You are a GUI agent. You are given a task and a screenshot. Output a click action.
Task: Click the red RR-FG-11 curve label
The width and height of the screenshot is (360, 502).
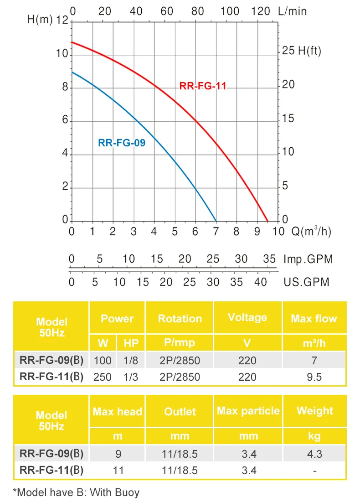pos(203,86)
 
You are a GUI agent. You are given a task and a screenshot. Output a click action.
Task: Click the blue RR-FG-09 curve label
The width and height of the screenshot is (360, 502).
pos(122,143)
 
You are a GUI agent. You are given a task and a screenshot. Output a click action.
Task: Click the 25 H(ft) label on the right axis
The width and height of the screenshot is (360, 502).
pos(301,51)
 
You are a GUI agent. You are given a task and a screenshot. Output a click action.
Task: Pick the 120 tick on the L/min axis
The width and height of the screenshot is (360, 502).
pos(261,11)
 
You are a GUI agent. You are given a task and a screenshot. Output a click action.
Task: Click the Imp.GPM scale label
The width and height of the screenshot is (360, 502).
pos(308,259)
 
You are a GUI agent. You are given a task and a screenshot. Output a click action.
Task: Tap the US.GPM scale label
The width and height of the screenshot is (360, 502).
pos(306,282)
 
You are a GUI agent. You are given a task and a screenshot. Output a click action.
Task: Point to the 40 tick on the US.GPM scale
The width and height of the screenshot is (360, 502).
pos(260,282)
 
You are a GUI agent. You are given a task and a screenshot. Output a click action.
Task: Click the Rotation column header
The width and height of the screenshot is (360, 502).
pos(180,319)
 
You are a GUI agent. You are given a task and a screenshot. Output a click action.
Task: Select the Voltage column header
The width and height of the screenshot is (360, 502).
pos(247,318)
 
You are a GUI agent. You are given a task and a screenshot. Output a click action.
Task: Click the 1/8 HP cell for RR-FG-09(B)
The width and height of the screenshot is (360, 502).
pos(130,361)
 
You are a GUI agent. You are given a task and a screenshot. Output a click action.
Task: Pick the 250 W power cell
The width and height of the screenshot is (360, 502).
pos(103,377)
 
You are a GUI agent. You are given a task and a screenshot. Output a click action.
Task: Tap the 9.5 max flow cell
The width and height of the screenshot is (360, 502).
pos(314,377)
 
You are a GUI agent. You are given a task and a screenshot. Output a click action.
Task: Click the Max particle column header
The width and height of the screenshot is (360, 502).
pos(248,411)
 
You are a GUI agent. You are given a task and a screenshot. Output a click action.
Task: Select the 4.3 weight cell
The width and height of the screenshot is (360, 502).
pos(314,454)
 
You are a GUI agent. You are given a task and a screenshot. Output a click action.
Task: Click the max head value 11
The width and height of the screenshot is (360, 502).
pos(118,471)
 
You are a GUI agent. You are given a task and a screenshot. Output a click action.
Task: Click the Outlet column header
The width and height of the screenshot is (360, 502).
pos(180,412)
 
